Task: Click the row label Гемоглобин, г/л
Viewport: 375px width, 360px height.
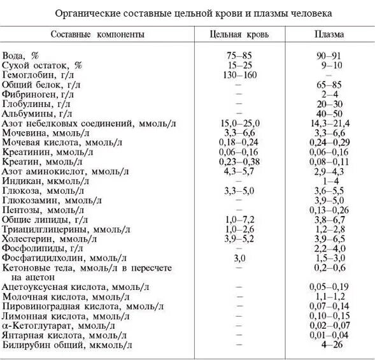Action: click(x=39, y=75)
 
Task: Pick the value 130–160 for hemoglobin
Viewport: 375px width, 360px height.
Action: click(x=239, y=75)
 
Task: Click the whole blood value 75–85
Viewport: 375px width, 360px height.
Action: click(x=239, y=56)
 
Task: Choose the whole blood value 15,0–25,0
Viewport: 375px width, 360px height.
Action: click(x=239, y=122)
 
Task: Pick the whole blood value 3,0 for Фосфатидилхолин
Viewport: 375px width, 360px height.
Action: click(x=239, y=257)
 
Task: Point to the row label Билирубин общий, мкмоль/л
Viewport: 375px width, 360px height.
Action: click(x=67, y=345)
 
